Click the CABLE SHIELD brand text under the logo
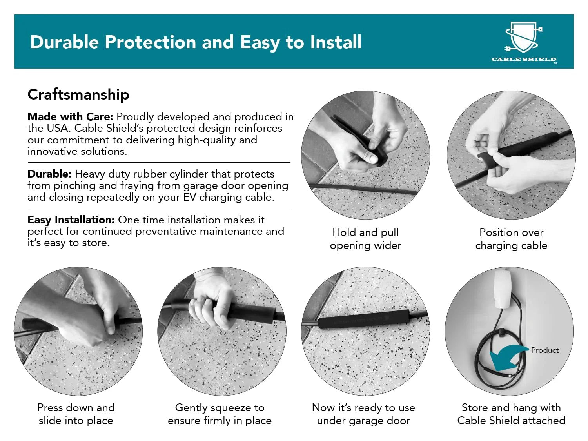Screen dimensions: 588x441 click(524, 60)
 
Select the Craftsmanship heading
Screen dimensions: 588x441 click(78, 95)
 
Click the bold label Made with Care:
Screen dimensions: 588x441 click(71, 117)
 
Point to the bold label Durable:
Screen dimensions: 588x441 click(49, 174)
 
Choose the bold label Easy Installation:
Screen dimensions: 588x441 click(71, 220)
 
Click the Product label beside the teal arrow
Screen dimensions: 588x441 click(545, 350)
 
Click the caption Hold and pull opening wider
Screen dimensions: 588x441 click(365, 239)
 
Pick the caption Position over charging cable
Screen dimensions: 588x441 click(511, 239)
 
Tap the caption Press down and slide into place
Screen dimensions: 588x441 click(76, 414)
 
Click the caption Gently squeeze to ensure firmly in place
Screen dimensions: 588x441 click(220, 414)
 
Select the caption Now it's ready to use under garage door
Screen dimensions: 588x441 click(363, 414)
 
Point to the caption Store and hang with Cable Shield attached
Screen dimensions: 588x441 click(511, 414)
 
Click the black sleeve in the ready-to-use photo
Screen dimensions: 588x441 click(363, 319)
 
